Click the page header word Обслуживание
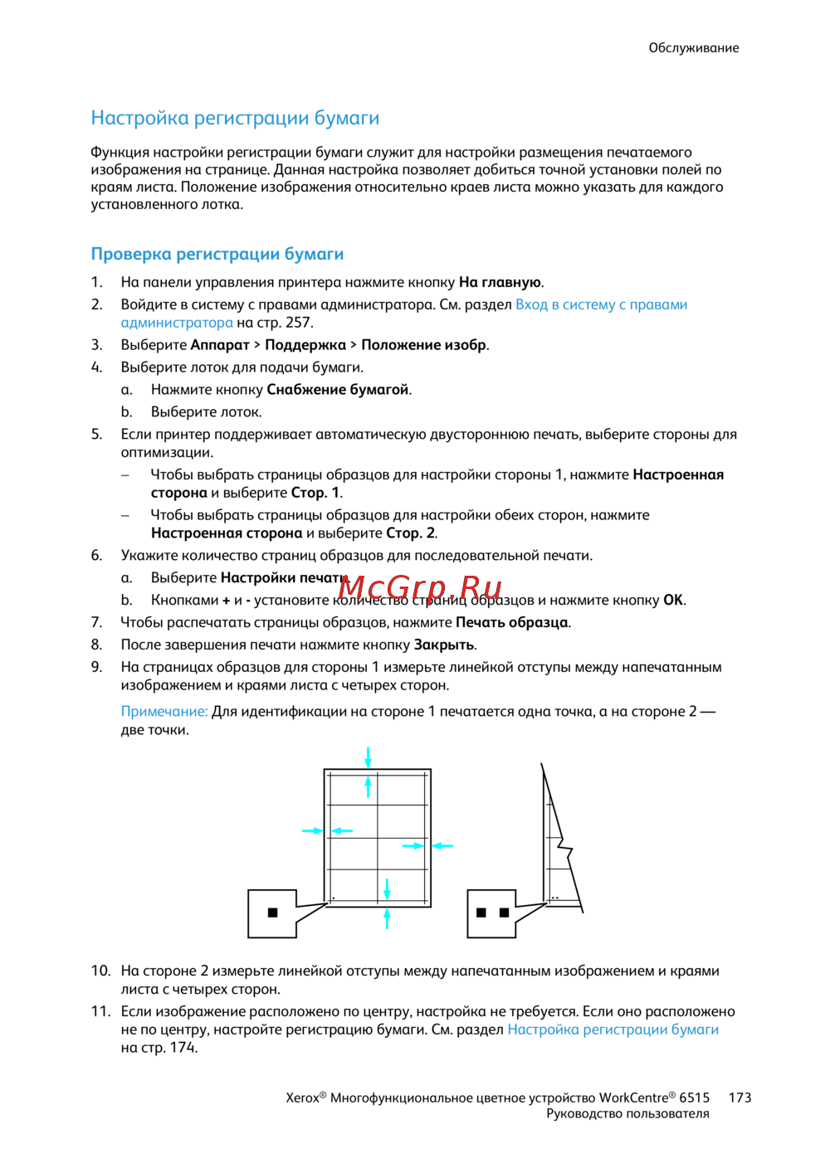point(693,48)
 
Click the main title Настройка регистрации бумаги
point(235,118)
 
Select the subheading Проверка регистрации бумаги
point(217,254)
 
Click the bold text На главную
point(500,282)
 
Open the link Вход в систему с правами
point(601,304)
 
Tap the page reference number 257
point(298,323)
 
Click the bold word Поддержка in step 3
point(305,345)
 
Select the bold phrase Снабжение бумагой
point(337,390)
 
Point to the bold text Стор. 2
point(410,533)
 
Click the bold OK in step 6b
point(672,600)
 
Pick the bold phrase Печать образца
point(511,622)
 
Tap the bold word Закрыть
point(443,645)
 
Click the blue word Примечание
point(164,712)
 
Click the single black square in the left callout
point(273,913)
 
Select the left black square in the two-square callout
point(481,913)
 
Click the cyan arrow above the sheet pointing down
point(368,757)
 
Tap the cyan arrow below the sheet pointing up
point(387,918)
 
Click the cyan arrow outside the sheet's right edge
point(443,845)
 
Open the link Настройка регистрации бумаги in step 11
point(613,1029)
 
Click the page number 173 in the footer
point(740,1098)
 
